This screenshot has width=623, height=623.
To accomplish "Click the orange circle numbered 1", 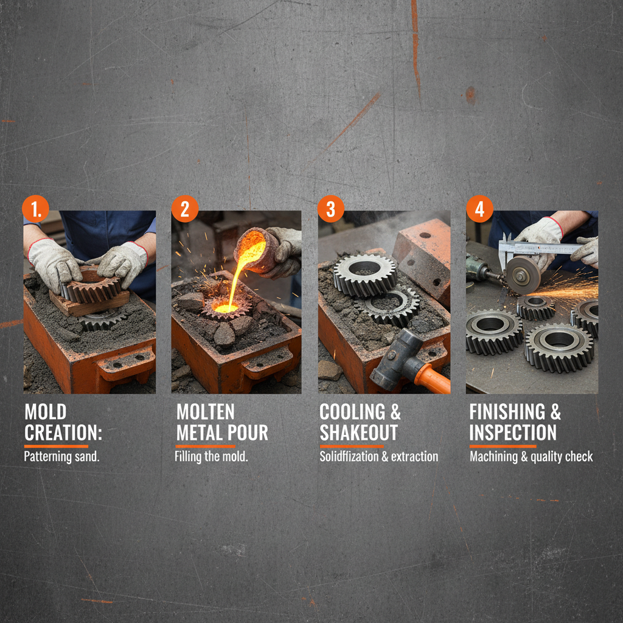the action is pos(35,209).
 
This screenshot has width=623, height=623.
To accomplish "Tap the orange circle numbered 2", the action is pos(185,209).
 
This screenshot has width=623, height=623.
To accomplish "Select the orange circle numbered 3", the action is pos(331,209).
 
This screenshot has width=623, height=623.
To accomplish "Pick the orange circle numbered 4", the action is pos(479,209).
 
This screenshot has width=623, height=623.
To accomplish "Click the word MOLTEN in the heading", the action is pos(206,412).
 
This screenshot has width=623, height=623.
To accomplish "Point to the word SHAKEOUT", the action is pos(358,433).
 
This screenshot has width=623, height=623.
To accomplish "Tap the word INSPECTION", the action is pos(512,433).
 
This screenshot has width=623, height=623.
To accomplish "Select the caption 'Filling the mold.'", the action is pos(211,456).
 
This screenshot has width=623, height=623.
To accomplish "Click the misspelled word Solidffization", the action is pos(349,456).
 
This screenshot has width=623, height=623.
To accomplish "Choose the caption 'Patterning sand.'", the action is pos(61,456).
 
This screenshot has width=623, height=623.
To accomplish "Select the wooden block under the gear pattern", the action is pos(89,302).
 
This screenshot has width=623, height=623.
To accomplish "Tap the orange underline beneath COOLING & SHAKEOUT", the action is pos(352,446).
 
